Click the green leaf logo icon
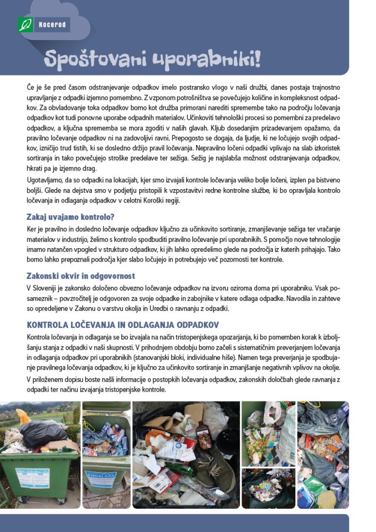[x=25, y=25]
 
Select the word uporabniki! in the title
[x=206, y=59]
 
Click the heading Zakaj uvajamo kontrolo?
[x=70, y=217]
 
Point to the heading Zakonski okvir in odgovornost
[x=80, y=276]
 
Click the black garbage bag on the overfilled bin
[x=43, y=432]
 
